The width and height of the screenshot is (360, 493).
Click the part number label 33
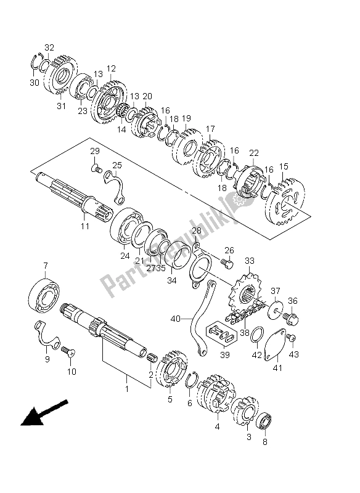(x=250, y=261)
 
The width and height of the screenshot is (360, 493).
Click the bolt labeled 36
(x=290, y=317)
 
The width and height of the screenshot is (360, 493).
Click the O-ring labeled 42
(x=257, y=335)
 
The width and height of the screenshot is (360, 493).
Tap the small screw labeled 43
(x=292, y=338)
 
